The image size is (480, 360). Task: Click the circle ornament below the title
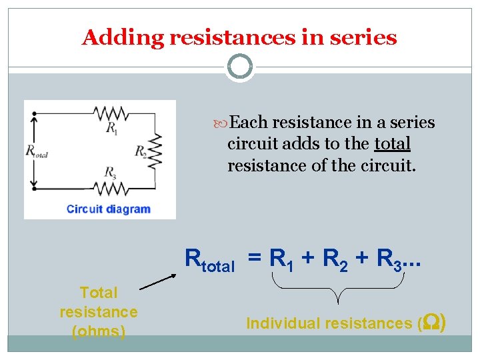239,67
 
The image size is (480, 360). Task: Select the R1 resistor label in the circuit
111,128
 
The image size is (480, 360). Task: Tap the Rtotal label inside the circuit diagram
37,151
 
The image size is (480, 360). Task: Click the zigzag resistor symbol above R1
111,112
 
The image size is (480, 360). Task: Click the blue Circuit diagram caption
109,209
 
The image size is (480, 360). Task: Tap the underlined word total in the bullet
393,144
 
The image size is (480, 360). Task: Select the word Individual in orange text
283,323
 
